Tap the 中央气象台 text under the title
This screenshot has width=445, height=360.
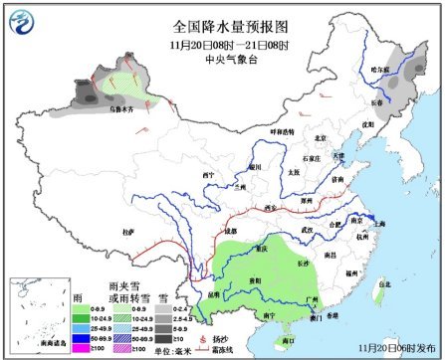[x=222, y=58]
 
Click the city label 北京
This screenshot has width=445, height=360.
[x=321, y=138]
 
